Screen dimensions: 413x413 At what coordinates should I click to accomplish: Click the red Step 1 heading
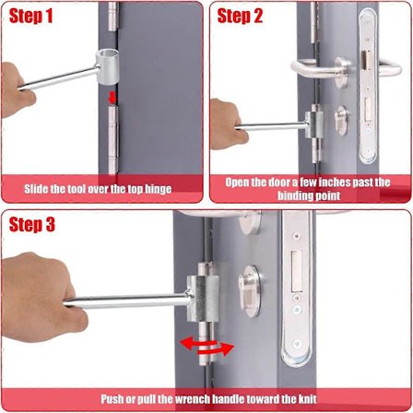click(31, 17)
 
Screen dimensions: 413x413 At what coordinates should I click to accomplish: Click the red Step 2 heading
click(240, 16)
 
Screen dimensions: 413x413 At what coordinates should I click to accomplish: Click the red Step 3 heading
click(32, 225)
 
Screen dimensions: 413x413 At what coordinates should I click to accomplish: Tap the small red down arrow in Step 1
click(112, 98)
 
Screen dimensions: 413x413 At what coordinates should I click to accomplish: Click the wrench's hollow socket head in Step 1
click(107, 66)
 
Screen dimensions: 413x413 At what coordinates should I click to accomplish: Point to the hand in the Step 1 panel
click(17, 89)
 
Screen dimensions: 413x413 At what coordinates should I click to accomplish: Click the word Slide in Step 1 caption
click(36, 188)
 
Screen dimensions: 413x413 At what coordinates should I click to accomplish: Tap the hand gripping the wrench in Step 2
click(228, 124)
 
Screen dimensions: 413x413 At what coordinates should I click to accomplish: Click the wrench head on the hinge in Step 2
click(314, 124)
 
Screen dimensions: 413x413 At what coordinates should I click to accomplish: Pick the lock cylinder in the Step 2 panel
click(341, 121)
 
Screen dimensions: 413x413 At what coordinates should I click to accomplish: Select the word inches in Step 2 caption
click(334, 183)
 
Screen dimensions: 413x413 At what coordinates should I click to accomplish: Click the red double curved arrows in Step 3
click(207, 347)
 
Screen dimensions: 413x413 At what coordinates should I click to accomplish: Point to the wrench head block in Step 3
click(203, 298)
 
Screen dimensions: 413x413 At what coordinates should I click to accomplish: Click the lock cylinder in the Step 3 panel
click(250, 291)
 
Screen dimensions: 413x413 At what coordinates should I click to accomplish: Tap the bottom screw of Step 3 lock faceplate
click(297, 343)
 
